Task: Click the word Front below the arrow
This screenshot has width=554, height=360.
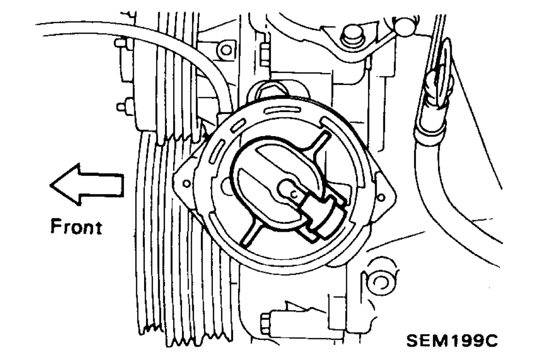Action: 76,227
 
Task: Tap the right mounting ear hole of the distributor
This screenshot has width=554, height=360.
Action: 381,197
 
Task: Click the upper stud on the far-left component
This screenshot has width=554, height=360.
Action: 121,43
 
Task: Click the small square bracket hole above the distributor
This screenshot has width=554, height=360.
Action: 226,50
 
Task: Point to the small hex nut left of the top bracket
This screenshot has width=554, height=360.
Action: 264,55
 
